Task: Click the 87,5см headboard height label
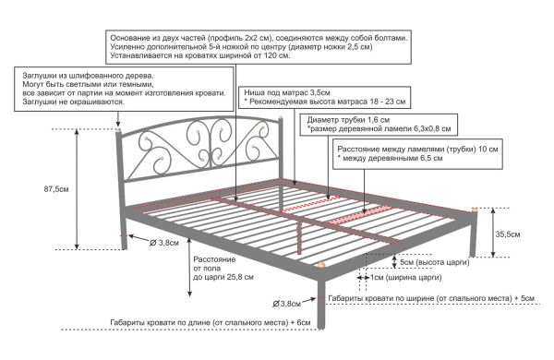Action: tap(56, 189)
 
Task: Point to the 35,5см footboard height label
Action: tap(508, 234)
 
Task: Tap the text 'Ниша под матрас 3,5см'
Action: tap(287, 92)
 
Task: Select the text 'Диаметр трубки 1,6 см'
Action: tap(348, 120)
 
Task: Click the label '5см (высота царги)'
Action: tap(435, 262)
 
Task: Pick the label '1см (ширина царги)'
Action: tap(406, 277)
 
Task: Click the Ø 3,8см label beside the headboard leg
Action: tap(164, 243)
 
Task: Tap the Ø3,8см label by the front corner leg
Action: tap(286, 304)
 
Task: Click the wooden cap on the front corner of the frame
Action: tap(321, 265)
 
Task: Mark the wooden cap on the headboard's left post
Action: tap(118, 129)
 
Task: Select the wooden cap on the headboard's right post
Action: tap(281, 117)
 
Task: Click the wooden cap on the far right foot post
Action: tap(475, 210)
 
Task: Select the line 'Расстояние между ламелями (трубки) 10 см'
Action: tap(417, 150)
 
